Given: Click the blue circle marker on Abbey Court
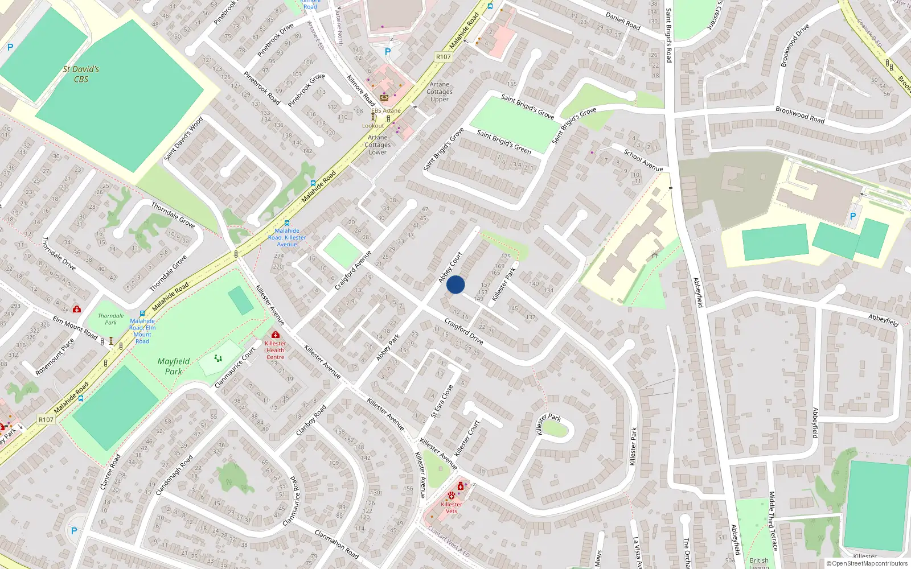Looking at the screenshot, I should point(455,284).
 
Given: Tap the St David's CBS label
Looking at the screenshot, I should point(81,74).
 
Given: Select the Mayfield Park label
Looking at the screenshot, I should point(174,366).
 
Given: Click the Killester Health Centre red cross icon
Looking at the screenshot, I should point(276,335).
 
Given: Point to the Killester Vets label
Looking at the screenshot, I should point(452,508).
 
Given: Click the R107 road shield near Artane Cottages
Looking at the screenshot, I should point(443,57).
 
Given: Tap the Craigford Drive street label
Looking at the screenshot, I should point(463,332).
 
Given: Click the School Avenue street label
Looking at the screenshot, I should point(643,160).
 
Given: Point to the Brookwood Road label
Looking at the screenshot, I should point(799,115).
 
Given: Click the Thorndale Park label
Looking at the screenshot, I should point(110,319).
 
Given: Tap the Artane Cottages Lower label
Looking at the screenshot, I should point(377,145).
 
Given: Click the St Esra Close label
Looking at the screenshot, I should point(442,402).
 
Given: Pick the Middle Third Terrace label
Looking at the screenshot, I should point(773,521).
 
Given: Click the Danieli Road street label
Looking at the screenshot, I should point(622,21).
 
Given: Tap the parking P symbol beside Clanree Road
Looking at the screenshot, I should point(73,531).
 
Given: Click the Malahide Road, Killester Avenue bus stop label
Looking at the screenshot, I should point(287,237).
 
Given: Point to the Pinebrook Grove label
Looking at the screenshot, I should point(306,90).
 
